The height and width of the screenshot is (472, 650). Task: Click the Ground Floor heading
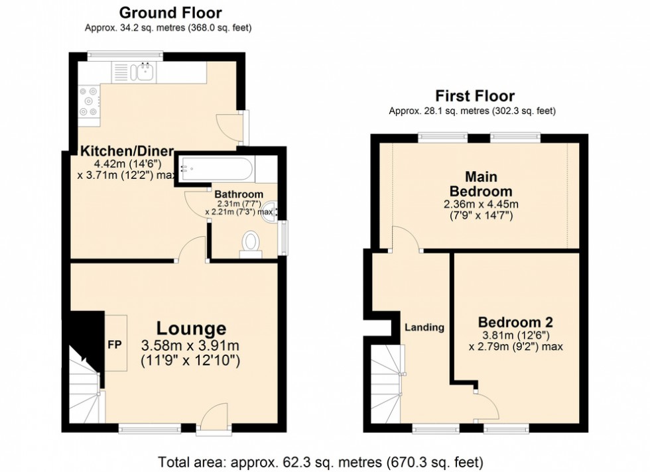[170, 13]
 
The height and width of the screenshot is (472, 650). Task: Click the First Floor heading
[474, 95]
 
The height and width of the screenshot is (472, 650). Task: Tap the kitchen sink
[144, 71]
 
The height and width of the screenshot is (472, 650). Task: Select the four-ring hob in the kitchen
[88, 101]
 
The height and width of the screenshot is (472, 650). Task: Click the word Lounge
[191, 328]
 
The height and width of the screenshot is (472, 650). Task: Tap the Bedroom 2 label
[516, 322]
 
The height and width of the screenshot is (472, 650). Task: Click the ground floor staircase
[85, 388]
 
